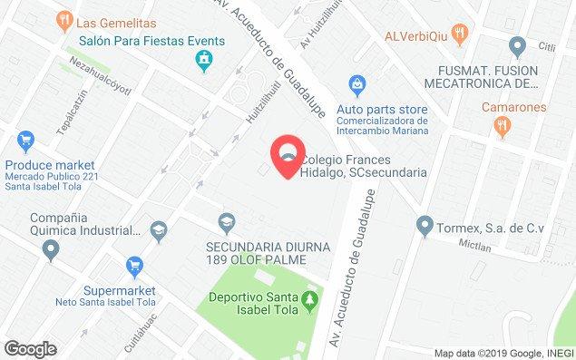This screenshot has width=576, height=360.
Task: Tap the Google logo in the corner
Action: [x=30, y=349]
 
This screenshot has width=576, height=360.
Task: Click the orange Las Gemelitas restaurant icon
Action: [x=64, y=18]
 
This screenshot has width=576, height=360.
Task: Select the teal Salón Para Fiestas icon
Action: [x=205, y=61]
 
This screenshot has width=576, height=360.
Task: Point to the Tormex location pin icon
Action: [x=423, y=225]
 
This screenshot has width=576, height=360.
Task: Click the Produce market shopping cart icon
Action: [x=24, y=141]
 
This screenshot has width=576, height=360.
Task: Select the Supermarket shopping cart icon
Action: [x=134, y=267]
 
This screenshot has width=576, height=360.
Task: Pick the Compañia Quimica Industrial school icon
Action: [x=160, y=231]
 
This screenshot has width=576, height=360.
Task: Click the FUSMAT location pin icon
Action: [x=518, y=44]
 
